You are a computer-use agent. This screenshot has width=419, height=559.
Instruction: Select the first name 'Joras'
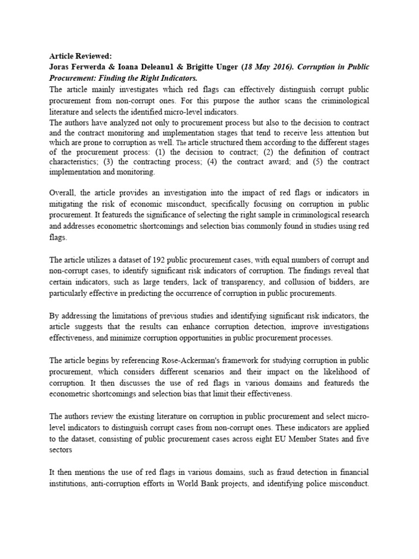tap(61, 67)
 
